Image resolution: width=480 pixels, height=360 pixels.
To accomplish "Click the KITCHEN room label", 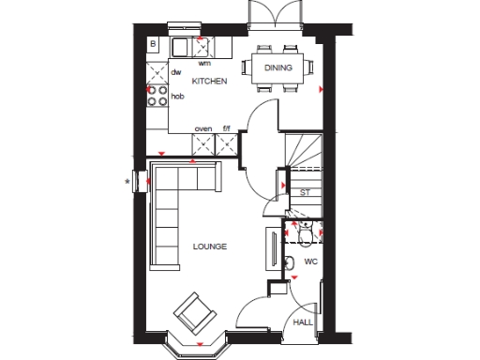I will point(209,82).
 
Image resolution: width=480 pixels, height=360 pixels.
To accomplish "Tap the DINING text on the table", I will point(279,67).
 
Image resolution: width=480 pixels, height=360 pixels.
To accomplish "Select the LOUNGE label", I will point(210,247).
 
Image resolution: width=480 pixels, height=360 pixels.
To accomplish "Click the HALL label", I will point(303,322).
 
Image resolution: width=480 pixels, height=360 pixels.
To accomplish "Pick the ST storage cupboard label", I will point(305,192).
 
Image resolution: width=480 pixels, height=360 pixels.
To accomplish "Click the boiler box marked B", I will point(154,44).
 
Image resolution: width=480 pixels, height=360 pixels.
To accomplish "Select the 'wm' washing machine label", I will point(204,63).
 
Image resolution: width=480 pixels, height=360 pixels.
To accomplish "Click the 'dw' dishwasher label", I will point(175,70).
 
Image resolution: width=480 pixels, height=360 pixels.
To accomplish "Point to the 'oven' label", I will point(202,128).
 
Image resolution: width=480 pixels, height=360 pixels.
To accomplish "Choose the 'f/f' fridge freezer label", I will point(226,128).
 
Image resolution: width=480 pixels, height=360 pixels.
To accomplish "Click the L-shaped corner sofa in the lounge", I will point(169,202).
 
